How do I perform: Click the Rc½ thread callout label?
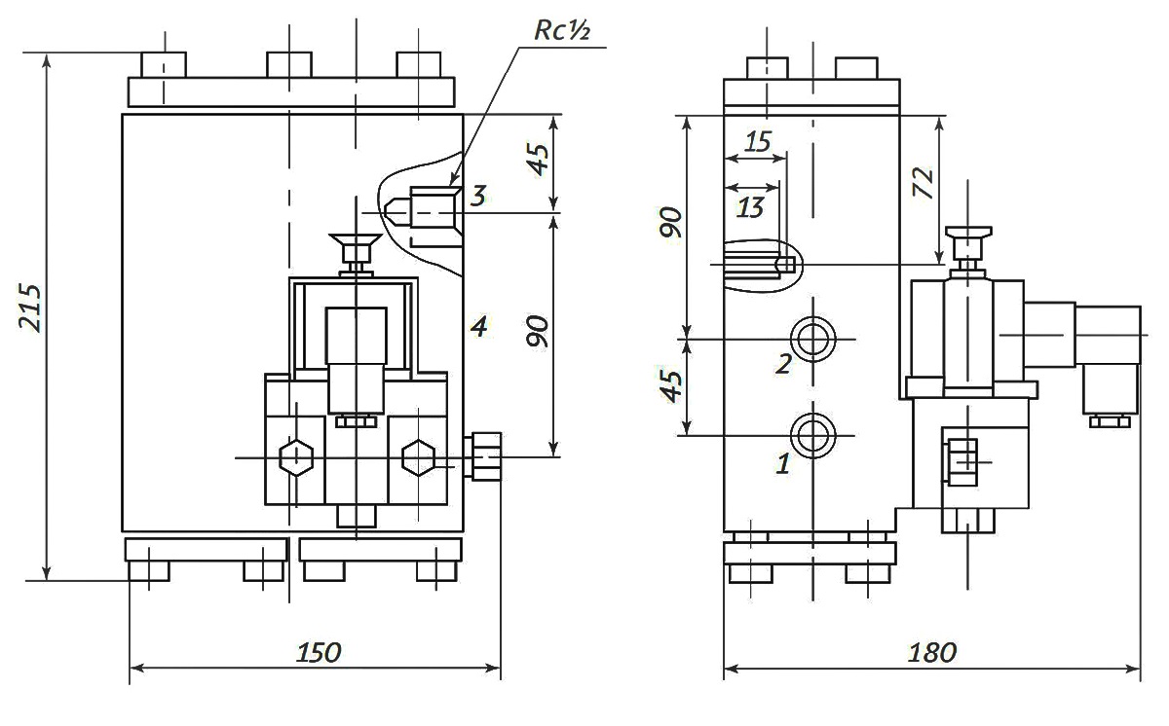562,30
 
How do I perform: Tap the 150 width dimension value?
319,652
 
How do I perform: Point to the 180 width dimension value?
932,652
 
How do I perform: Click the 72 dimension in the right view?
923,182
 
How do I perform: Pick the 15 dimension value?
758,142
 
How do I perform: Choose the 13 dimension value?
750,207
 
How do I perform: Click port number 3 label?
478,196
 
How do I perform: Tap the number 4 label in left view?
478,327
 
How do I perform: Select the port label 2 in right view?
783,364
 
